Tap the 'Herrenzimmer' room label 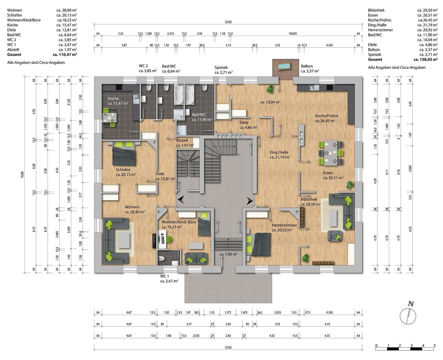[x=284, y=225]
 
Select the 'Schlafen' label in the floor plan [x=123, y=169]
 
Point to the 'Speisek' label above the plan [x=221, y=67]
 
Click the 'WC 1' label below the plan [x=165, y=276]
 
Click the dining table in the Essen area [x=331, y=153]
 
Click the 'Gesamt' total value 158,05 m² [x=426, y=59]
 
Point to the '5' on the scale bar [x=434, y=345]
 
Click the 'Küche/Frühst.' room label [x=327, y=116]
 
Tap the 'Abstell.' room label [x=182, y=140]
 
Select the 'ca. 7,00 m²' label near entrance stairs [x=229, y=254]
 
